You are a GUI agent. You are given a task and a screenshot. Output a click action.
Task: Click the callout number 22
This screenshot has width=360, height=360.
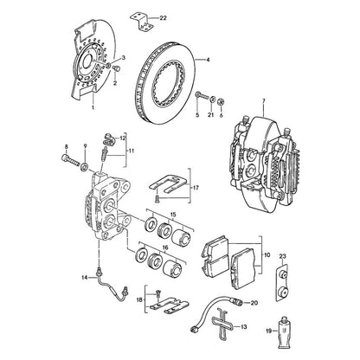point(163,18)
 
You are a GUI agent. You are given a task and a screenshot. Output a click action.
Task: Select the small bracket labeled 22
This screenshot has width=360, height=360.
point(142,21)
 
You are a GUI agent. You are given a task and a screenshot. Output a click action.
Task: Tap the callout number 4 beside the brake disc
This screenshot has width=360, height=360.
point(208,60)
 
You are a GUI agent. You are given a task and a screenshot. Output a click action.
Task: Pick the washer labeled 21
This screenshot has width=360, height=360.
point(212,100)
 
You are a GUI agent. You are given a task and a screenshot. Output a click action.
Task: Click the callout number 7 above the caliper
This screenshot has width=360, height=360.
point(263,101)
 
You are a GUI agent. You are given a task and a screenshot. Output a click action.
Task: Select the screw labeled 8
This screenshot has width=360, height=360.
point(70,160)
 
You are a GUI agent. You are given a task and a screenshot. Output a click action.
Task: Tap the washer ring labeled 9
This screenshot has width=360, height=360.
point(85,167)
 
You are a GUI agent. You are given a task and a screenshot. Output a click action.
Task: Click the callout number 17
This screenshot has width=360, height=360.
point(196,188)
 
